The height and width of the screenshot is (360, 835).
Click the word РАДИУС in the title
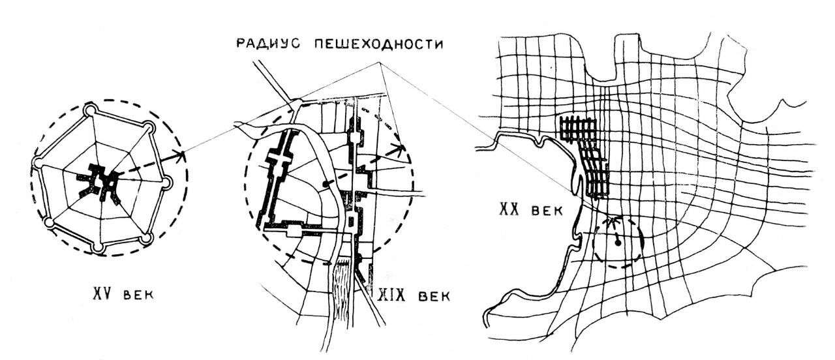[268, 44]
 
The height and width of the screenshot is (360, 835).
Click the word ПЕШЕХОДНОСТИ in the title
[379, 44]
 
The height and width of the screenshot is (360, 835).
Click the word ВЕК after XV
[138, 295]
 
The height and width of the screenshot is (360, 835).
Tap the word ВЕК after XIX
[434, 297]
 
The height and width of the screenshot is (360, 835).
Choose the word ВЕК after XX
[547, 211]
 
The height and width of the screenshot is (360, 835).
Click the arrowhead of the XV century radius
[180, 155]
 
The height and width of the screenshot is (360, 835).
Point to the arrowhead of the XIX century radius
[400, 150]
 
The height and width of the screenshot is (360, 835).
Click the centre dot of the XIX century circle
[327, 184]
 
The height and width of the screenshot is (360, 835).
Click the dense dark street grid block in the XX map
[583, 157]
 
